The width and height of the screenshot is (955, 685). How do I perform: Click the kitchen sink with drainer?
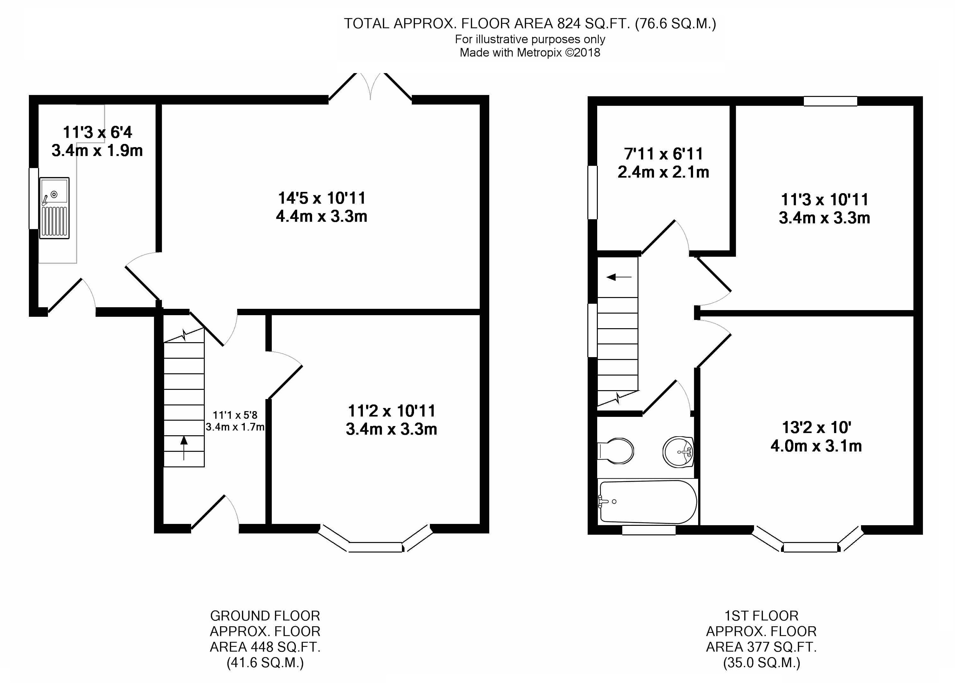[54, 208]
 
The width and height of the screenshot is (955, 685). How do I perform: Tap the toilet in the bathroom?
[616, 451]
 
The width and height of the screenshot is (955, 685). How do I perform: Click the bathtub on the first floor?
[648, 502]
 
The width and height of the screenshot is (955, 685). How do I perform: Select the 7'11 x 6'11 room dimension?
[664, 154]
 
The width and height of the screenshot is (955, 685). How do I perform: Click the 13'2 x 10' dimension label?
[817, 428]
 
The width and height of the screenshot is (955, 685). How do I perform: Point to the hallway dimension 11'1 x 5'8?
[235, 415]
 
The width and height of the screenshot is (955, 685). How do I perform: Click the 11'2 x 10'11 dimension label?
[391, 411]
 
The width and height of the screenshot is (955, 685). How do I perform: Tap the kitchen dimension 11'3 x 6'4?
[97, 132]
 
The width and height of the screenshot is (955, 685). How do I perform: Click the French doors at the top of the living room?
[370, 87]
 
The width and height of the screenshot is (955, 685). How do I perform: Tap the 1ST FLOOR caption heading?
[761, 616]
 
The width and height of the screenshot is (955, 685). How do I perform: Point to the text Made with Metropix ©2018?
[530, 53]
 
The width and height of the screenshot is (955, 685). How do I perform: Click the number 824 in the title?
[569, 24]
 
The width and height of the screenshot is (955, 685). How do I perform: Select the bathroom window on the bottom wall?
[649, 530]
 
